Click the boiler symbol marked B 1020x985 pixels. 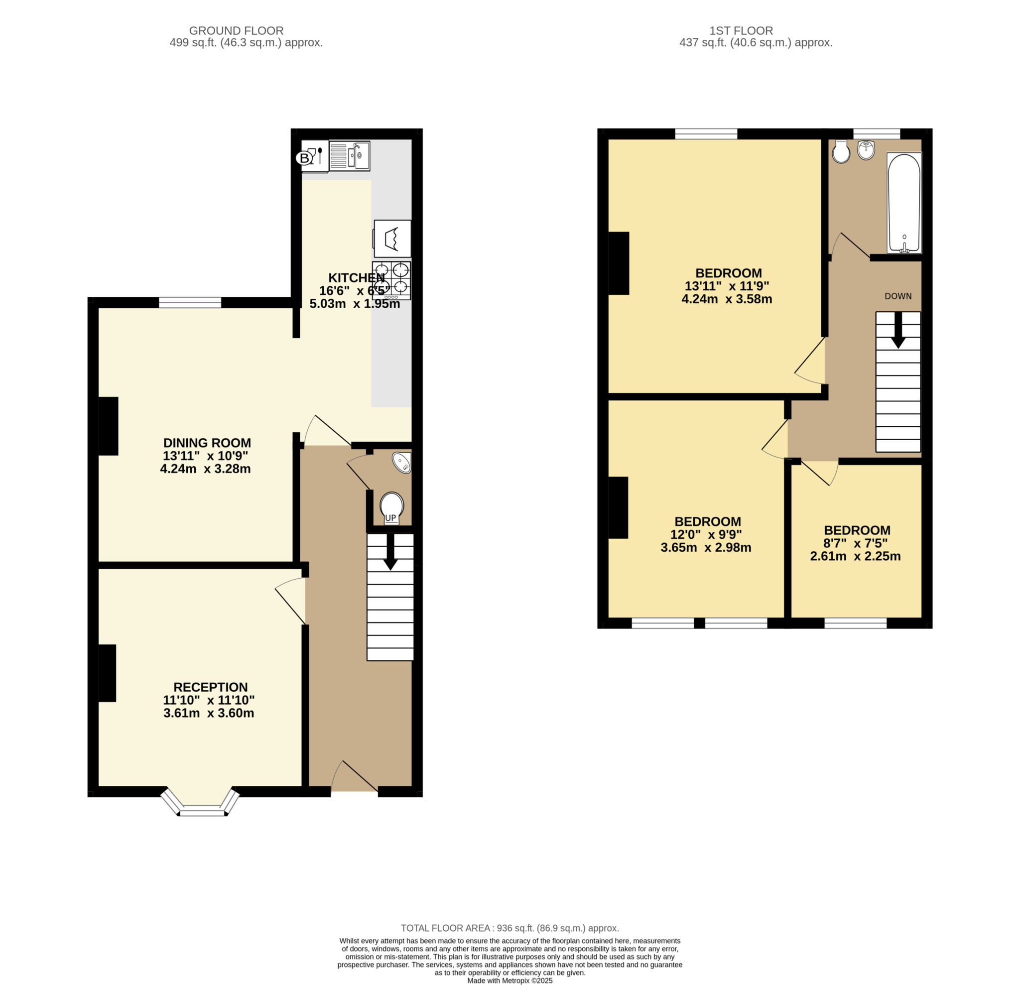point(304,158)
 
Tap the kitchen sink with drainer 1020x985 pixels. point(349,155)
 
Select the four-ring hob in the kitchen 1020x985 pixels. point(391,280)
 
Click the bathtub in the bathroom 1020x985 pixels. point(904,203)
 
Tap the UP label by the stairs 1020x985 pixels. point(390,518)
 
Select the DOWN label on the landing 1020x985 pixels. point(897,296)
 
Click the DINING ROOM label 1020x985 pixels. point(207,443)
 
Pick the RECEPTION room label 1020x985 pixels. point(210,687)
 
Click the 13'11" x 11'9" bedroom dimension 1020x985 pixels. point(727,286)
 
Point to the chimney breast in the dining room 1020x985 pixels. point(108,426)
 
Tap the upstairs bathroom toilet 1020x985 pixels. point(841,151)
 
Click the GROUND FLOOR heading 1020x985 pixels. point(236,31)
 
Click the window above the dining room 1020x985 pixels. point(190,302)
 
